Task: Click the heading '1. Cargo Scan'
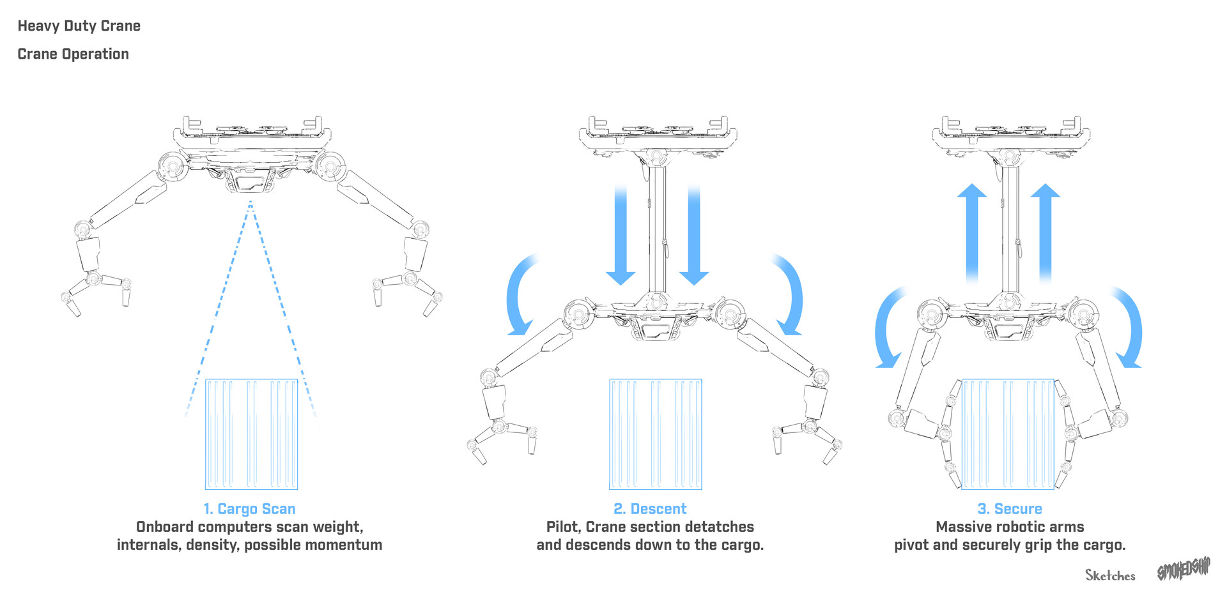(x=249, y=509)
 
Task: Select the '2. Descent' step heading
(x=650, y=509)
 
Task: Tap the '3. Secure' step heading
(x=1010, y=509)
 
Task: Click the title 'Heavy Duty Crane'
(x=79, y=26)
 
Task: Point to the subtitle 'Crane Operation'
(x=73, y=54)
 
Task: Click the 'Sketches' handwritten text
(x=1110, y=575)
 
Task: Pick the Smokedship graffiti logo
(x=1184, y=569)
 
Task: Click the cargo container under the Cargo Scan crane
(x=251, y=434)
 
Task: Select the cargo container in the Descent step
(x=656, y=434)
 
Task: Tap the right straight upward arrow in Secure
(x=1046, y=233)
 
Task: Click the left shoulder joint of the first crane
(x=172, y=167)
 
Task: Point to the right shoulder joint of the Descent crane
(x=729, y=313)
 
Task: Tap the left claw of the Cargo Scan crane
(x=96, y=291)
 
